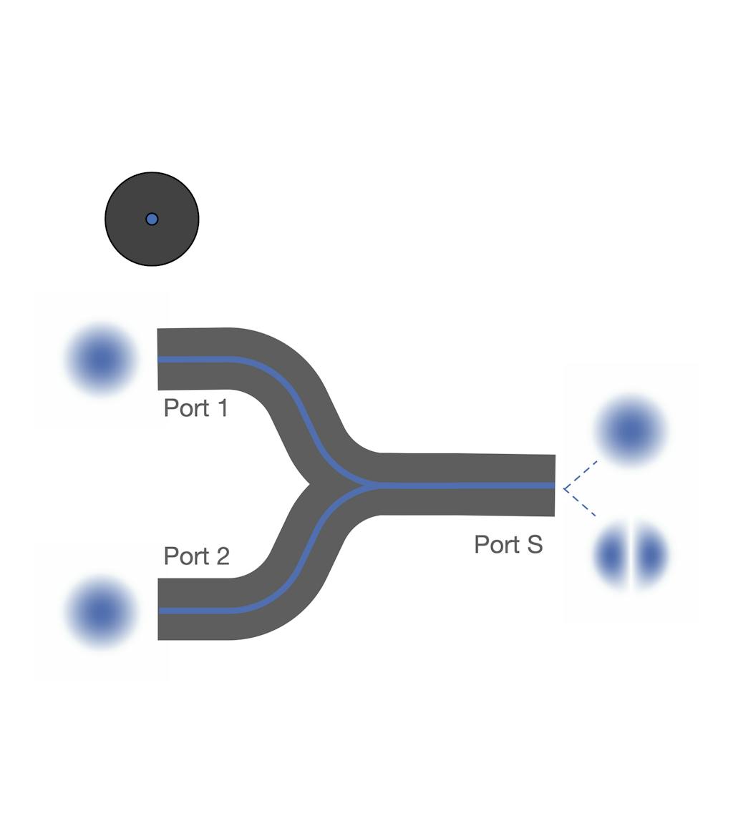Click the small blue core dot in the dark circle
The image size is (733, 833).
152,219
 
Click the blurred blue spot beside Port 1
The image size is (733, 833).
100,360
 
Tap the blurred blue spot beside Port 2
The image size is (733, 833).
100,613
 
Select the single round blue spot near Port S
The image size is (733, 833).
631,430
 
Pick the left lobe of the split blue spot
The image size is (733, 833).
612,556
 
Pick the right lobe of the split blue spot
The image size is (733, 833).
650,556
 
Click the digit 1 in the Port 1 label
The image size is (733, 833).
223,408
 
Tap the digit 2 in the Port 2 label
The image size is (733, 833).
223,556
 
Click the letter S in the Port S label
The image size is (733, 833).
534,545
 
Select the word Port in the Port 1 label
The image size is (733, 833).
186,408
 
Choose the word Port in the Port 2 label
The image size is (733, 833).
186,556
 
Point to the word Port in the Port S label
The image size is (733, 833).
497,545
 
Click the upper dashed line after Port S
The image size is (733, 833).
581,474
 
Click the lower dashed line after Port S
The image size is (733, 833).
580,502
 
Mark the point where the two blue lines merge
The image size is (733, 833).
372,485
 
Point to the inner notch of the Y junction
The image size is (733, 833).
309,485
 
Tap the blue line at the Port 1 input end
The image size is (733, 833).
160,360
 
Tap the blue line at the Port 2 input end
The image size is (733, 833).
160,611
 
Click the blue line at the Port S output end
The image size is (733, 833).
553,485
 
